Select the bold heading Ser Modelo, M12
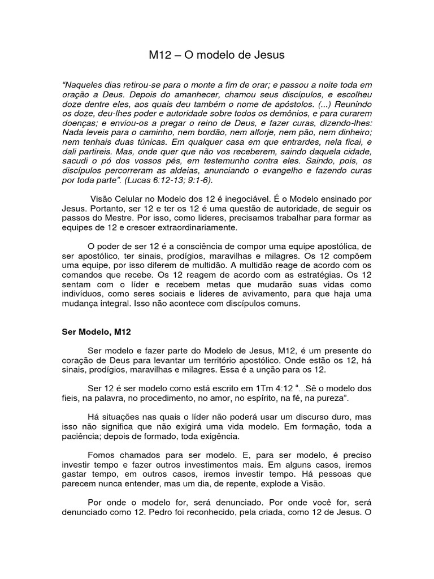point(96,332)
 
